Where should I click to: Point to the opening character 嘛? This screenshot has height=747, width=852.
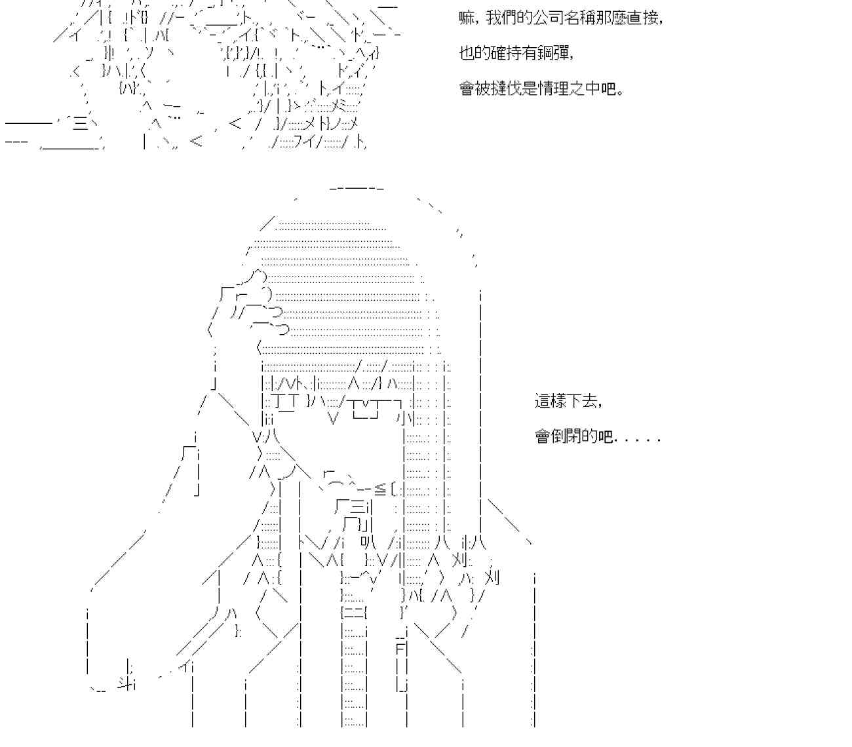click(467, 18)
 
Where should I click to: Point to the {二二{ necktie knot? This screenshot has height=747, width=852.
click(354, 613)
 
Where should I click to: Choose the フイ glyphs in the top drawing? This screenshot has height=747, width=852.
click(304, 142)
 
